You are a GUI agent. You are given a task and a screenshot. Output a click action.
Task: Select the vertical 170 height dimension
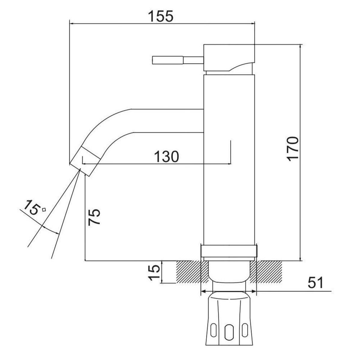(293, 149)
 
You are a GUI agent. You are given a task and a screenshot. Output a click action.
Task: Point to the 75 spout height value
(94, 217)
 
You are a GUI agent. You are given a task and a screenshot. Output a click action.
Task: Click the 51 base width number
(315, 282)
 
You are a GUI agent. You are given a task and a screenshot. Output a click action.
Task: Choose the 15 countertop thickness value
(154, 273)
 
